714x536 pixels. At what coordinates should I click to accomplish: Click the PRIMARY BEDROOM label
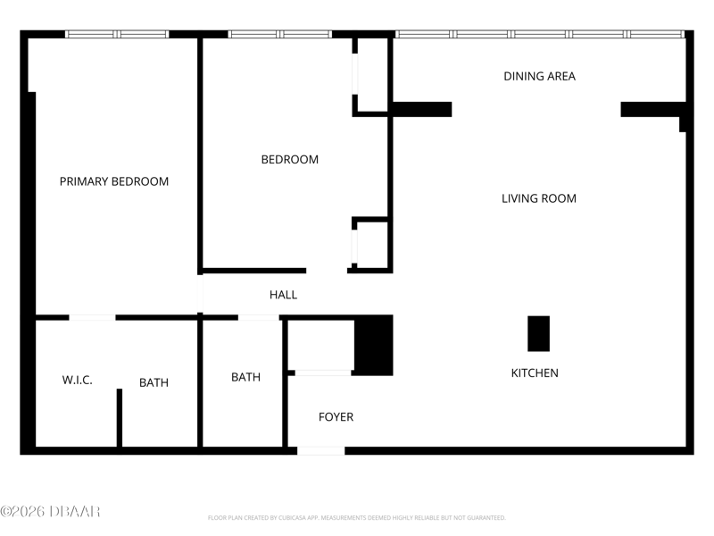tap(114, 181)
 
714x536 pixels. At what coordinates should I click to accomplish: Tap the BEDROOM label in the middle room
tap(289, 160)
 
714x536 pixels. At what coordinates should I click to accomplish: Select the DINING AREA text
tap(539, 76)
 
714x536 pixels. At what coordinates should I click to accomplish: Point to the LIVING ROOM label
tap(539, 198)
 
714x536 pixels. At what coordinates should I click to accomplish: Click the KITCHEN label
tap(535, 373)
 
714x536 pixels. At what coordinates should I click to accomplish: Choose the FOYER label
tap(336, 416)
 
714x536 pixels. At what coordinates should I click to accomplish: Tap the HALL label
tap(283, 295)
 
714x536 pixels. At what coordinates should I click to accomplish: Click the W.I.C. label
tap(77, 380)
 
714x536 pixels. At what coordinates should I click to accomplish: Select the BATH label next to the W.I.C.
tap(154, 382)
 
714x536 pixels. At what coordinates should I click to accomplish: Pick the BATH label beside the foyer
tap(246, 377)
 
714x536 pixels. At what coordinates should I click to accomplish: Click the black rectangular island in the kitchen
tap(538, 333)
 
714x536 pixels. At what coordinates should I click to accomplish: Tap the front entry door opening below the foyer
tap(321, 451)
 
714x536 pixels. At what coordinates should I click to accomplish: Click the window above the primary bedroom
tap(117, 34)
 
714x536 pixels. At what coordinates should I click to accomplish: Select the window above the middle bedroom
tap(279, 34)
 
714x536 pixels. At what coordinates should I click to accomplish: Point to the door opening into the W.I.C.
tap(92, 317)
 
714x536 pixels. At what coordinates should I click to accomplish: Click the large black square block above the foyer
tap(374, 345)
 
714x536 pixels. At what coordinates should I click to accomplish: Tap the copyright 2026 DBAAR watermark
tap(50, 511)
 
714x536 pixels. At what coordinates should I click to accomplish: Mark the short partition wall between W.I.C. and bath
tap(120, 417)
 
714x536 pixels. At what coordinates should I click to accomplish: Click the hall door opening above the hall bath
tap(259, 317)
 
